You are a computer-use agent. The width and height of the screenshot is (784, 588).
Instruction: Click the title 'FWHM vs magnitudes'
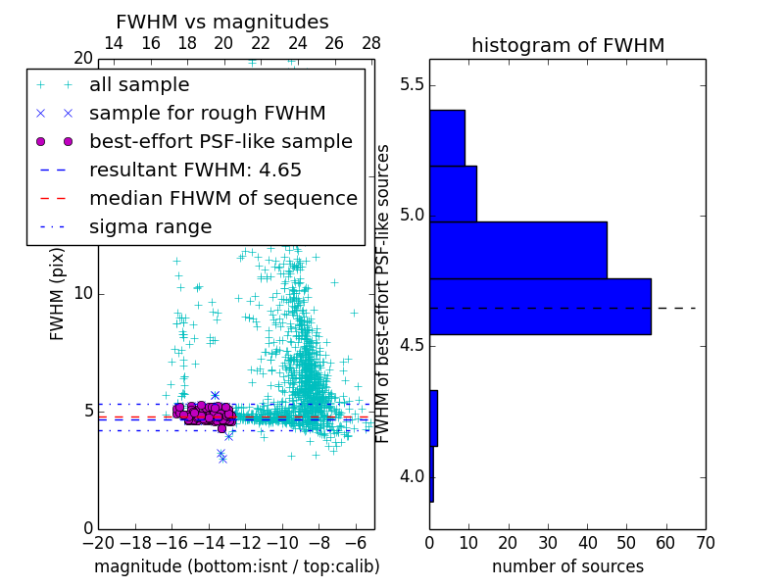[x=222, y=22]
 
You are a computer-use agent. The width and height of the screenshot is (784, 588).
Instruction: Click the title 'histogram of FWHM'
[x=567, y=45]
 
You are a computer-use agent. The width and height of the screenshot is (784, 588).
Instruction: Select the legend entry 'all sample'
[x=139, y=85]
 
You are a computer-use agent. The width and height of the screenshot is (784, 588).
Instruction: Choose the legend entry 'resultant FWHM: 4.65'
[x=195, y=170]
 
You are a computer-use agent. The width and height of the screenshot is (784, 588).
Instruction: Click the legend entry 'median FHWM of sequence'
[x=222, y=198]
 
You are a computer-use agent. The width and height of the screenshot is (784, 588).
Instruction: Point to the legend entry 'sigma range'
[x=150, y=226]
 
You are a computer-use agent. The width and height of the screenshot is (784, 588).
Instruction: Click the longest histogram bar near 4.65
[x=540, y=306]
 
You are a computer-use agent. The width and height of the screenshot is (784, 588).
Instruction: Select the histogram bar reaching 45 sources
[x=517, y=250]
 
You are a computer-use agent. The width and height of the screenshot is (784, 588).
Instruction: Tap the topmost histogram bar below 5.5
[x=447, y=137]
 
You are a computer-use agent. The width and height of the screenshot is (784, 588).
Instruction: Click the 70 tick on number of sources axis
[x=705, y=541]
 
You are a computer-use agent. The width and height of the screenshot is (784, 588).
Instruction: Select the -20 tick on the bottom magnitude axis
[x=98, y=541]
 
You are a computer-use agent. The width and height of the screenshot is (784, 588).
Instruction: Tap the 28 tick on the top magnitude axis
[x=371, y=44]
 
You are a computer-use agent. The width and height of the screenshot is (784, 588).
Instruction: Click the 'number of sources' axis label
[x=567, y=566]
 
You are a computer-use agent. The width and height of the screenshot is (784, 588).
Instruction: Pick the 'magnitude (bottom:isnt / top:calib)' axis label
[x=236, y=566]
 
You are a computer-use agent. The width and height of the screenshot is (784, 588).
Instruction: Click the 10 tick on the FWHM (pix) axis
[x=82, y=294]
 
